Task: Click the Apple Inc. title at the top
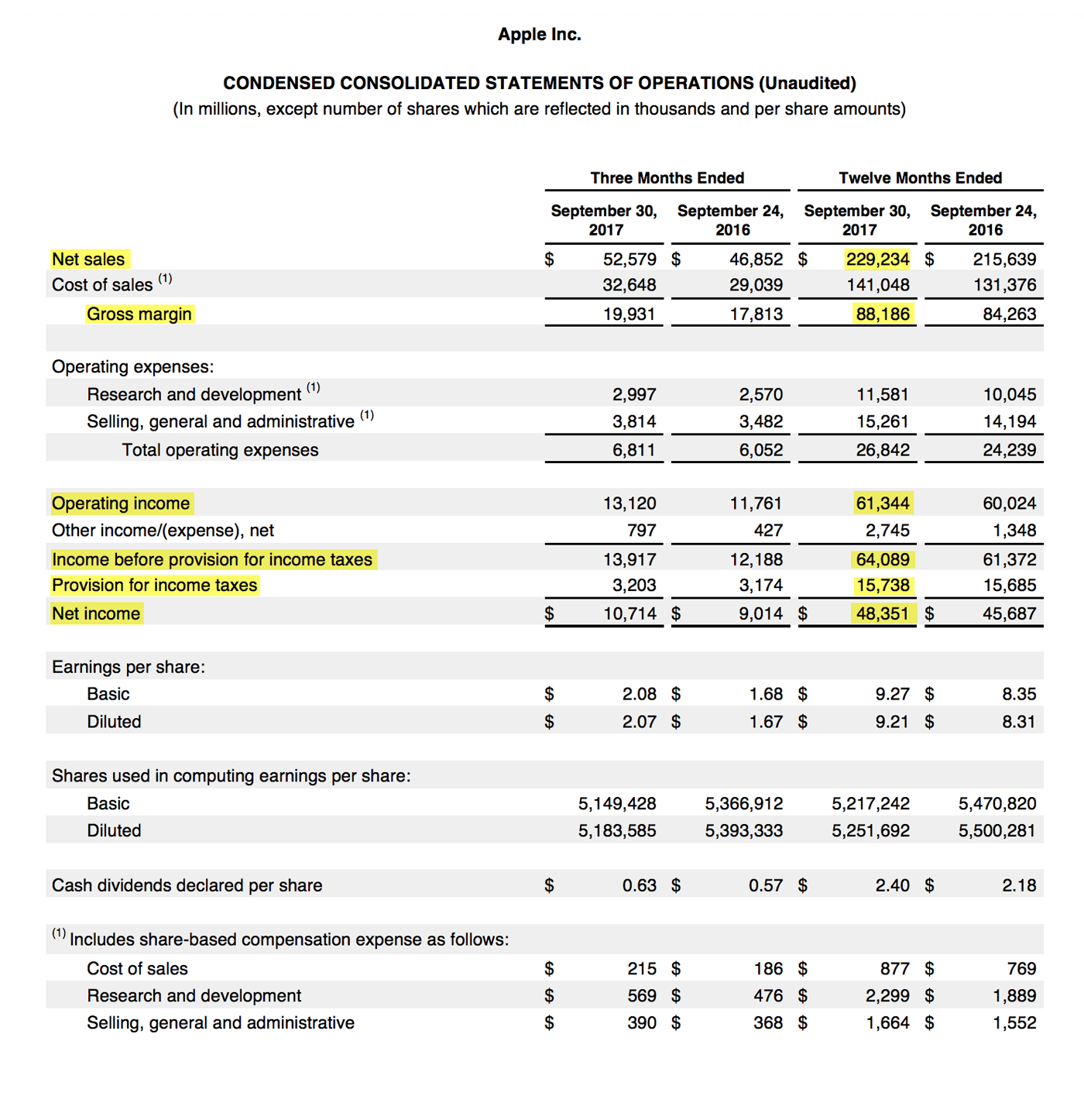[x=539, y=34]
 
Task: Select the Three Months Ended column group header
[x=667, y=177]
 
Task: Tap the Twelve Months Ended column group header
[x=920, y=177]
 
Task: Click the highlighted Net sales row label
[x=88, y=259]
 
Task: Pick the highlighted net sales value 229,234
[x=877, y=259]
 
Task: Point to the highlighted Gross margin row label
[x=139, y=314]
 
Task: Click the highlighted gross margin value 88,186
[x=883, y=314]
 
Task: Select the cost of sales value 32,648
[x=629, y=285]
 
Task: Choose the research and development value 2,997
[x=634, y=394]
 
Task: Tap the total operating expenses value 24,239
[x=1010, y=450]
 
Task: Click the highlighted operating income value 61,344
[x=883, y=503]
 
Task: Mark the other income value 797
[x=641, y=531]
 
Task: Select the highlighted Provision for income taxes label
[x=154, y=585]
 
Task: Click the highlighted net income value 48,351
[x=883, y=613]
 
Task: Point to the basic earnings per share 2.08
[x=640, y=694]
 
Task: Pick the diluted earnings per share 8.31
[x=1019, y=722]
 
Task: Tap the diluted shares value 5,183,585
[x=617, y=831]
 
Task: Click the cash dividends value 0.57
[x=766, y=885]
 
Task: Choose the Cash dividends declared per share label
[x=187, y=885]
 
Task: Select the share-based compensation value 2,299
[x=887, y=996]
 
